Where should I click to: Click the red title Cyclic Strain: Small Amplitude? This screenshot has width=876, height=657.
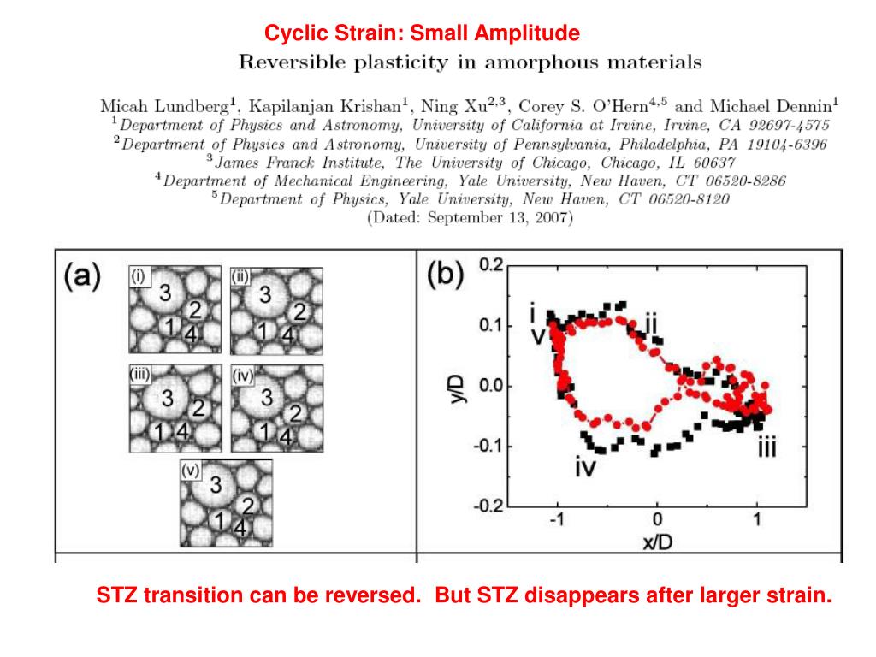tap(422, 33)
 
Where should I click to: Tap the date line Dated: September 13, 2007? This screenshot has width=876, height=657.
tap(470, 218)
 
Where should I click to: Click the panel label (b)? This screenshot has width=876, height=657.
tap(445, 276)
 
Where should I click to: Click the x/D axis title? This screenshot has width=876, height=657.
tap(656, 542)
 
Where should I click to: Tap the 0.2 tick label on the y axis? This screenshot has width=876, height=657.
tap(490, 265)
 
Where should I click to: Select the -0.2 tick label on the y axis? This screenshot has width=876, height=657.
tap(487, 506)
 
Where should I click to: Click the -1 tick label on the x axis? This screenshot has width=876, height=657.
tap(557, 520)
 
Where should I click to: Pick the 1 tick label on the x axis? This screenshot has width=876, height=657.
tap(757, 520)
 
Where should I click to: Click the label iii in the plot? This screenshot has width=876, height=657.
tap(766, 447)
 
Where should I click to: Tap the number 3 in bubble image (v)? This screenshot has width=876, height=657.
tap(216, 485)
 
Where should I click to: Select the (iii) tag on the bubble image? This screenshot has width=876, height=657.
tap(141, 373)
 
